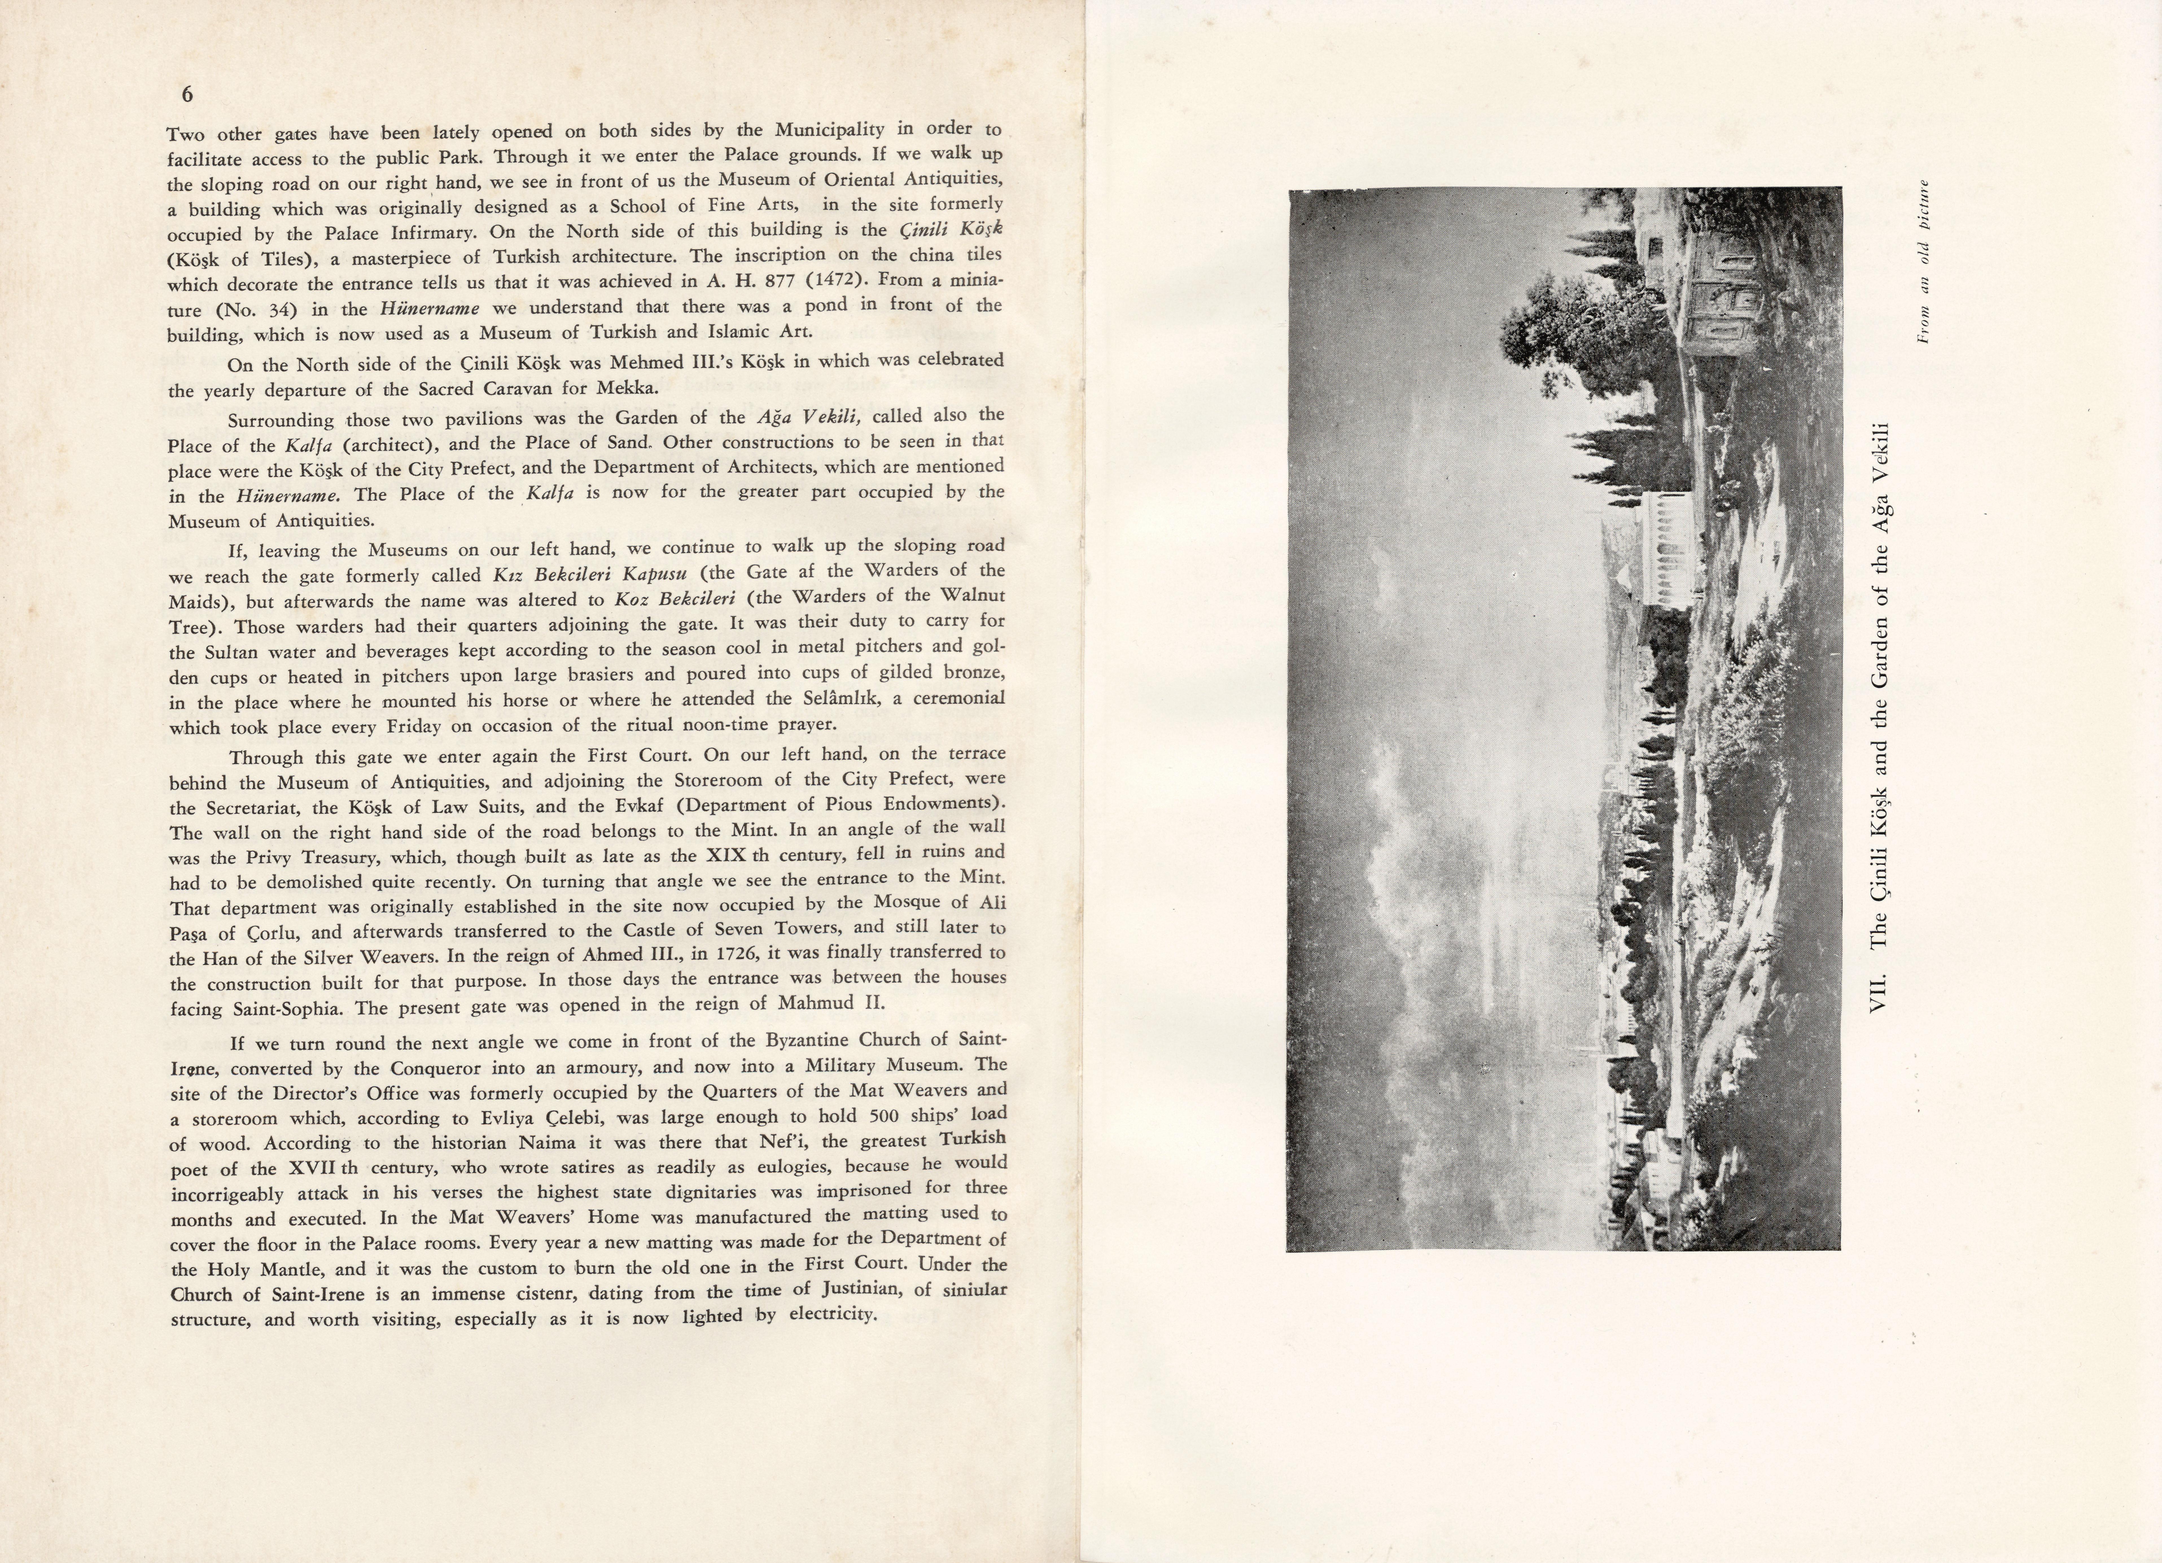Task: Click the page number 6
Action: click(187, 94)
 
